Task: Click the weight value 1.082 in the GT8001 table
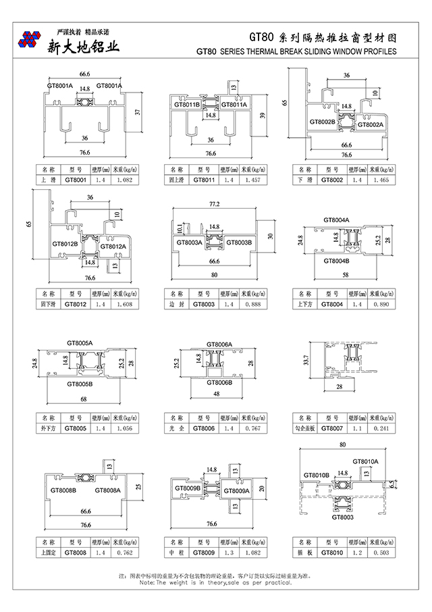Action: [124, 180]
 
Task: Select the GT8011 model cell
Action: [203, 180]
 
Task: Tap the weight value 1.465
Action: [381, 180]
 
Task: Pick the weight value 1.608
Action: [124, 305]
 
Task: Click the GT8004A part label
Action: [336, 220]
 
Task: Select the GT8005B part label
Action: [80, 384]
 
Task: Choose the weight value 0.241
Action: [381, 428]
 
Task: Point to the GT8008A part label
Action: [108, 490]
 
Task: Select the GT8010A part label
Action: [365, 461]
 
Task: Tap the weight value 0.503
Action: [381, 553]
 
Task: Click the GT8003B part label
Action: [238, 243]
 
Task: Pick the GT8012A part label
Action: [113, 247]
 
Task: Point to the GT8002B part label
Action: [323, 122]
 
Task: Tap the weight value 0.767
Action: [252, 428]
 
